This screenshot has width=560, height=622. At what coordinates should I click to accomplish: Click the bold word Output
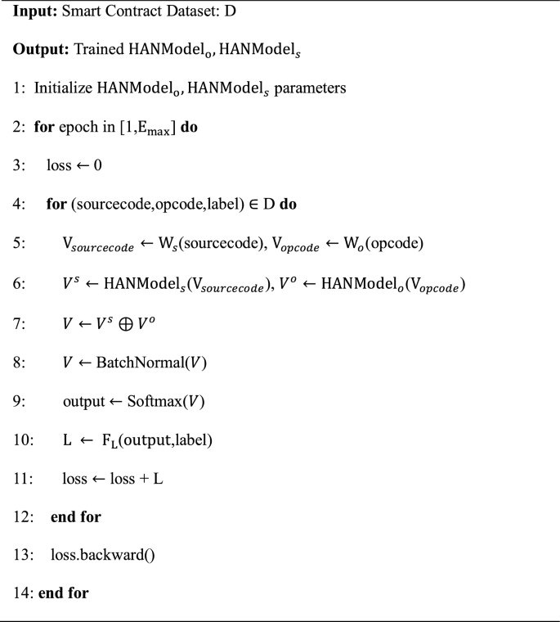(38, 48)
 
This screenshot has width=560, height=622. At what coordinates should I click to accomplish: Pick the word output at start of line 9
(82, 397)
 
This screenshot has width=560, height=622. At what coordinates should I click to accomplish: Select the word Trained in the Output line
(99, 48)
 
